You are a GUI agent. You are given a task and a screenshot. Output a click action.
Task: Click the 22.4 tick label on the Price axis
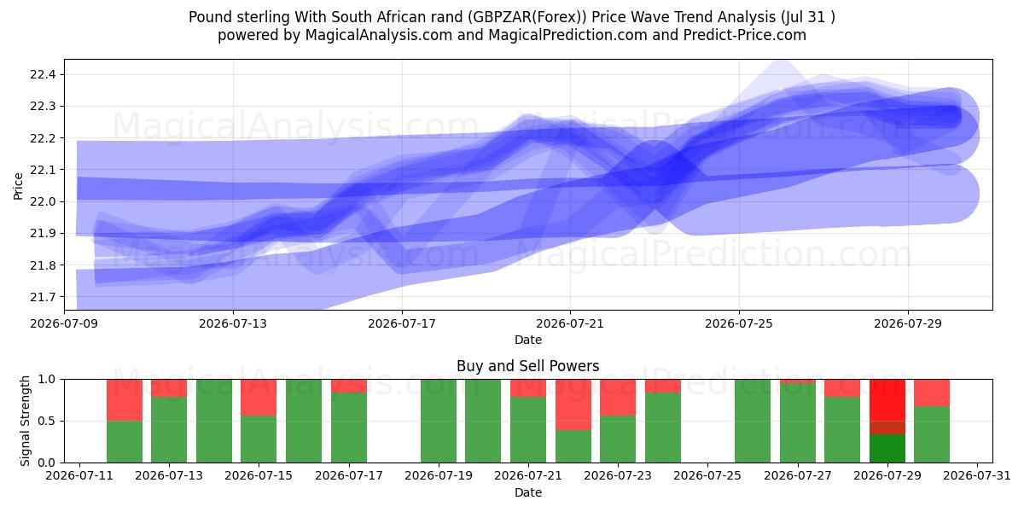(x=43, y=74)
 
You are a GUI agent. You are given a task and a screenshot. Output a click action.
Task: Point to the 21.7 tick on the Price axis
(x=43, y=297)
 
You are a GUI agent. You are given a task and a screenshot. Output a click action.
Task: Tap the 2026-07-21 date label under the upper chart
(x=570, y=324)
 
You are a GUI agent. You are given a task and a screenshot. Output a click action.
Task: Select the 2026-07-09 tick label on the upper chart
(x=64, y=324)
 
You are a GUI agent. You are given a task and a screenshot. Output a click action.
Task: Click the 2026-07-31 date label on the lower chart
(x=977, y=476)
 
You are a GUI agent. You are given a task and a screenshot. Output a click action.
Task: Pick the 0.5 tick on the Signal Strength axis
(x=47, y=421)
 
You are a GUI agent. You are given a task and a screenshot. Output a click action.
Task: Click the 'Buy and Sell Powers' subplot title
(x=528, y=366)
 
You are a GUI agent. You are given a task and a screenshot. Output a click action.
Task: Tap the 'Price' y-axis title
(x=18, y=186)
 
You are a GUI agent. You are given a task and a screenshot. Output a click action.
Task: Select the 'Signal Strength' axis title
(x=25, y=421)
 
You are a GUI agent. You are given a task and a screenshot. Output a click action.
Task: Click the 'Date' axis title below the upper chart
(x=528, y=340)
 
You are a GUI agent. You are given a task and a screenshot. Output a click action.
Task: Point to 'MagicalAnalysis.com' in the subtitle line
(x=379, y=35)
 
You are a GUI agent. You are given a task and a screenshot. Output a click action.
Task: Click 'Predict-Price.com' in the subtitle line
(x=745, y=35)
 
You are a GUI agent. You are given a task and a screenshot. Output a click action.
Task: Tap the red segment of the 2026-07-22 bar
(x=573, y=404)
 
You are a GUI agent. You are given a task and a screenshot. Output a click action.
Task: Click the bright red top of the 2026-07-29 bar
(x=887, y=400)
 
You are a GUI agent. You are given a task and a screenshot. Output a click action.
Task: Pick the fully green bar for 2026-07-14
(x=214, y=421)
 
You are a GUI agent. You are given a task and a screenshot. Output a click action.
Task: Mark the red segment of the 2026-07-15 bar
(x=259, y=398)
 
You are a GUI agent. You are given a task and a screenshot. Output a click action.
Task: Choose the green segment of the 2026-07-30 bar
(x=932, y=434)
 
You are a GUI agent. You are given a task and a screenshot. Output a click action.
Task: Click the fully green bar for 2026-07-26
(x=753, y=421)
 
